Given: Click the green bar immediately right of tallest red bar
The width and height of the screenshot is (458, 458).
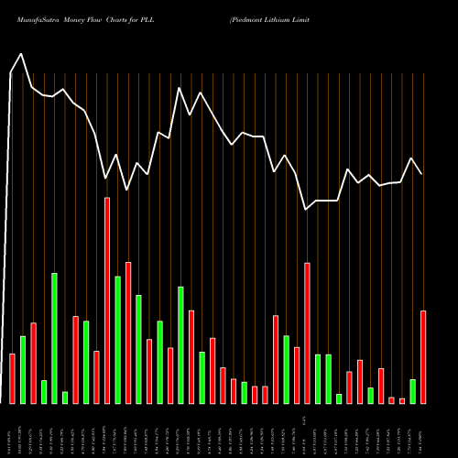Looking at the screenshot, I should (x=117, y=340).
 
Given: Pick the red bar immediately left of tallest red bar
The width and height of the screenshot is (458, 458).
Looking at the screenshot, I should (x=96, y=376).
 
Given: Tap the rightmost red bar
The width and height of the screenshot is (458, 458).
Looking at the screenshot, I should (x=423, y=357).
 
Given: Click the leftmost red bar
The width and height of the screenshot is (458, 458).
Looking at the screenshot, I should (x=12, y=378).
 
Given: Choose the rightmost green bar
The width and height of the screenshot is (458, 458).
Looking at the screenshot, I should (x=412, y=391).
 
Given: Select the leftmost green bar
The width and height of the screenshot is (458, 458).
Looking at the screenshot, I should (x=23, y=369).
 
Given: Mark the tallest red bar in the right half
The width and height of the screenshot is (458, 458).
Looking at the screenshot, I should (x=307, y=333).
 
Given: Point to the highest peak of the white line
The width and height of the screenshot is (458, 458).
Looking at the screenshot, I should (x=21, y=53).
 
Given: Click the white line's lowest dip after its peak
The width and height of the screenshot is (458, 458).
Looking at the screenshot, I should (x=307, y=210).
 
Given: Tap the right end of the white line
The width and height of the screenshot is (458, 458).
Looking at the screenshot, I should (x=422, y=174).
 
